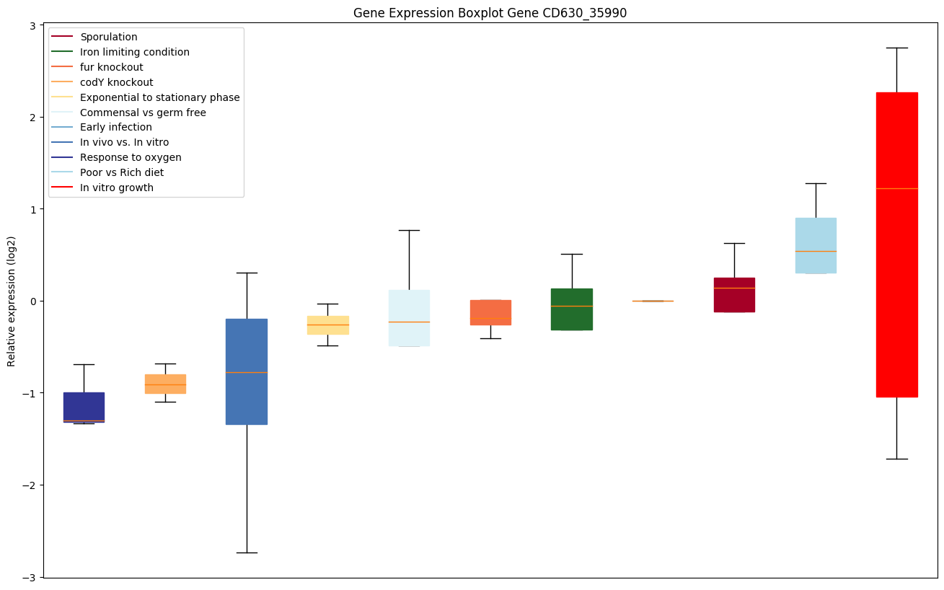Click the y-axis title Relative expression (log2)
point(11,301)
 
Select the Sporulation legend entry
point(109,37)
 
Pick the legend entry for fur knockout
point(112,67)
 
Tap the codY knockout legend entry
point(117,82)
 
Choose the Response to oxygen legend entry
point(131,157)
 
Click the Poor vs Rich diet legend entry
point(122,172)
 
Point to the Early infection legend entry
point(116,127)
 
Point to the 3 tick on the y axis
point(33,25)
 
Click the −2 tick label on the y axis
point(30,485)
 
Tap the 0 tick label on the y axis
point(33,301)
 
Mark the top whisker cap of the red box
point(896,48)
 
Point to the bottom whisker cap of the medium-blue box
point(247,552)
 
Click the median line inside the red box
point(896,188)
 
